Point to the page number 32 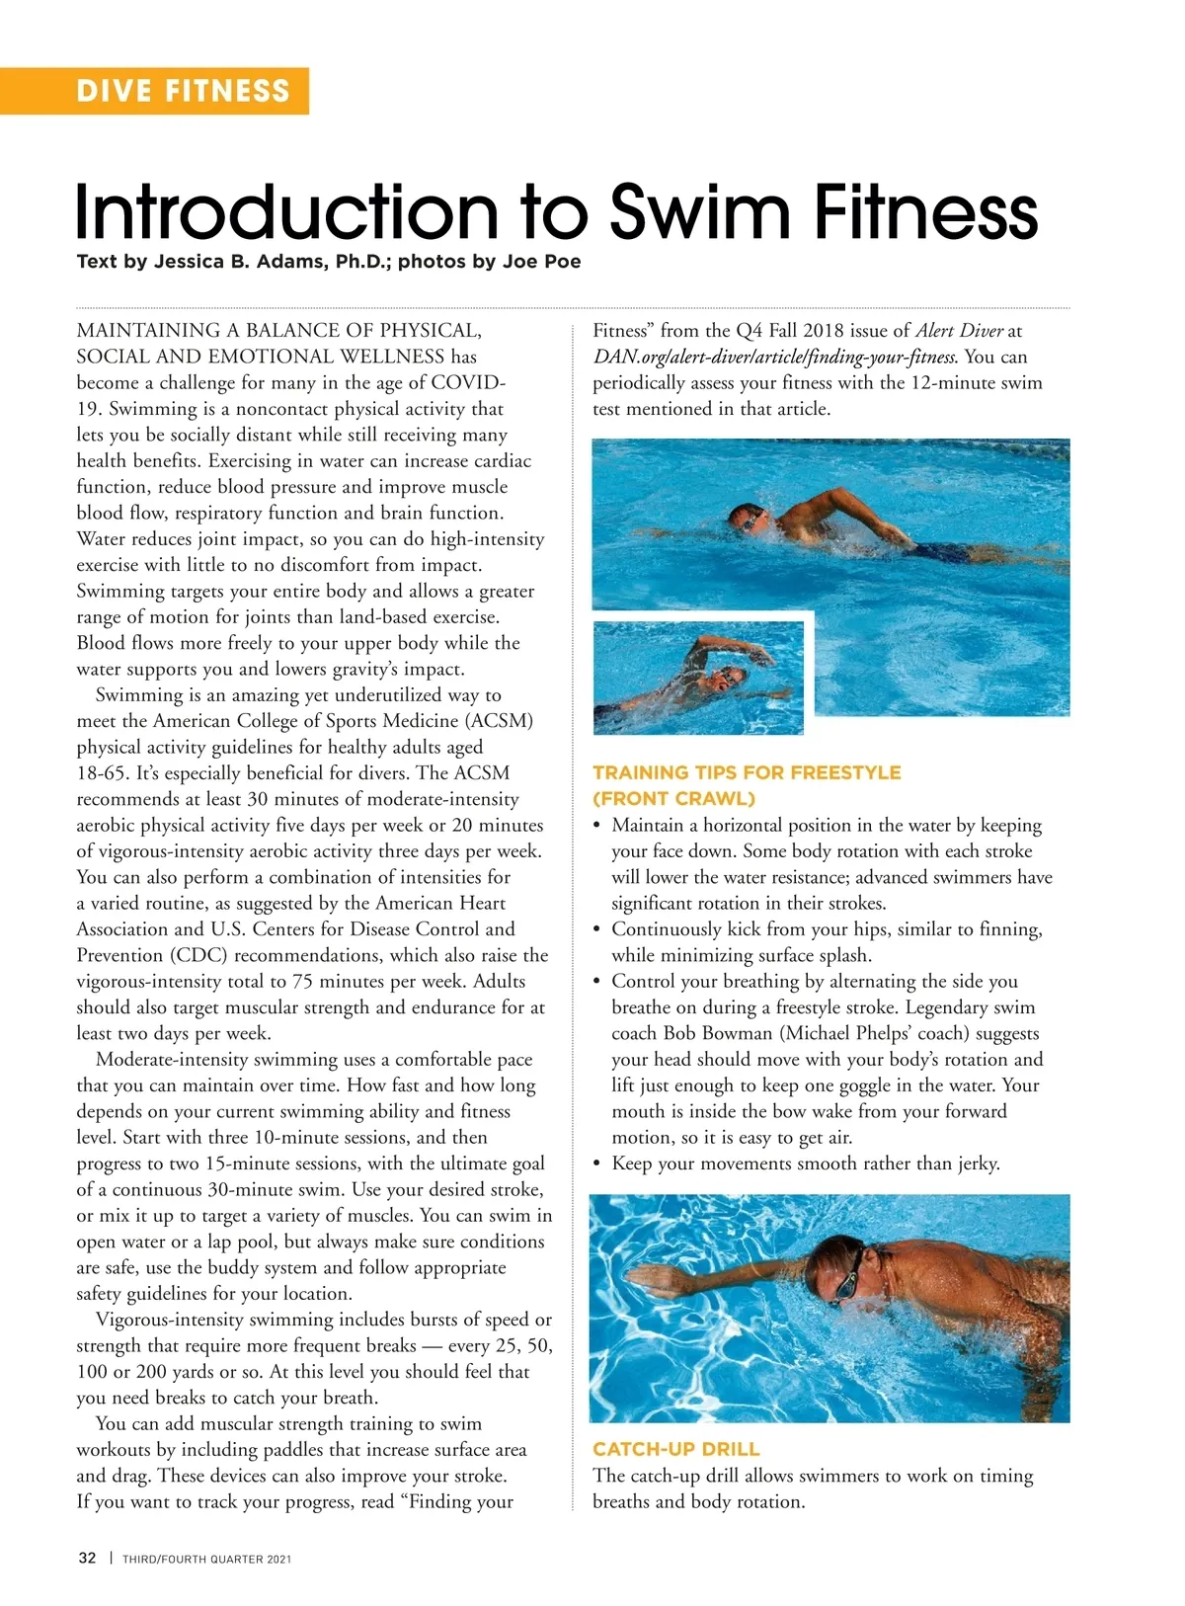click(87, 1558)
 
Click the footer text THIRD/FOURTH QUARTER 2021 click(206, 1559)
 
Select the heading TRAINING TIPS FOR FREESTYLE click(746, 772)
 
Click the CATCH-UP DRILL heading click(675, 1449)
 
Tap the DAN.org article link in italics click(774, 357)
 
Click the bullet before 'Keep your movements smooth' click(597, 1164)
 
